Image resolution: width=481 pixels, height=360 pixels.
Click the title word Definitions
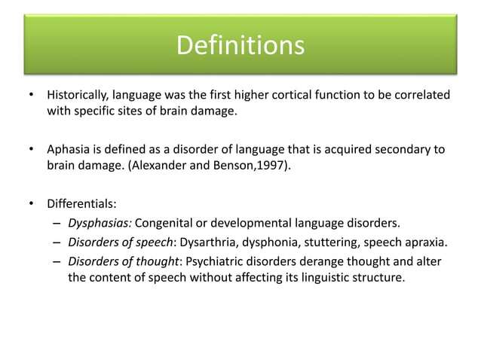click(x=240, y=47)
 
